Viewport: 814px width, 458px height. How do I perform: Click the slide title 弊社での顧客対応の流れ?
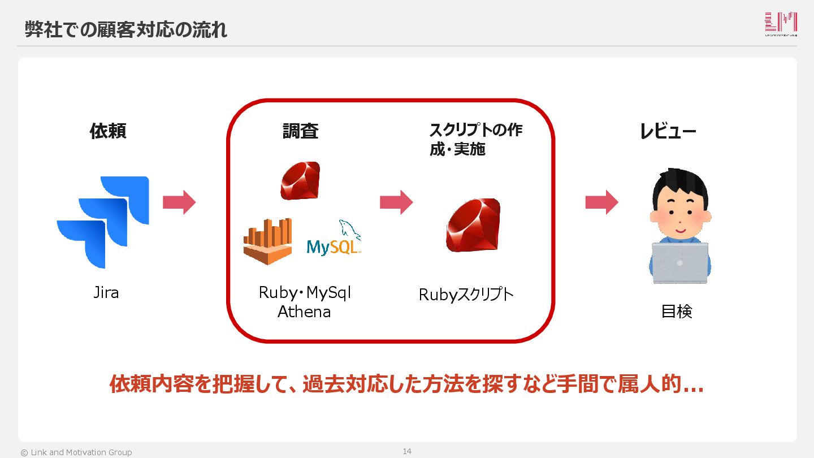click(126, 29)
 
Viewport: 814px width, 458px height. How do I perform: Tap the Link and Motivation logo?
click(781, 24)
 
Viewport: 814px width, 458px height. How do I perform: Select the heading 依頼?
click(108, 131)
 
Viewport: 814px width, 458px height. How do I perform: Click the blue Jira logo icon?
click(103, 221)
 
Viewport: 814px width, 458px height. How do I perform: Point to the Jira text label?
click(106, 293)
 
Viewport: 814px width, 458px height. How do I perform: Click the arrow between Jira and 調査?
click(179, 202)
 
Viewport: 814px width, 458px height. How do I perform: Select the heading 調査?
click(301, 131)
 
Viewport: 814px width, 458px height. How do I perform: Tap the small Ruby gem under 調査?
click(300, 180)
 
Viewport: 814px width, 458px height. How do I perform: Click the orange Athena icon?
click(268, 241)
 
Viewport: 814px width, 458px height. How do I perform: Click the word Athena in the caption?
click(304, 312)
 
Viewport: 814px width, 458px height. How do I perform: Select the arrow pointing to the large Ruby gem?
click(396, 202)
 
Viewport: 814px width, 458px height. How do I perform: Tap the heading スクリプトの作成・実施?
click(475, 140)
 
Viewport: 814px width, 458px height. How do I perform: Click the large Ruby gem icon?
click(474, 225)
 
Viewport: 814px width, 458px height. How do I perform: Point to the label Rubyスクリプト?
click(466, 295)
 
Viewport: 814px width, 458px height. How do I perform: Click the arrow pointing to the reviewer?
click(601, 202)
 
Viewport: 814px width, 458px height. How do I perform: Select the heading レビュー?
click(668, 131)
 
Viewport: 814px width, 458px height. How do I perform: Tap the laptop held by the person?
click(680, 263)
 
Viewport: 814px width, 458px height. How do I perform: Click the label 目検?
click(677, 312)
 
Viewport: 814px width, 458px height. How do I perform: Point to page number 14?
click(407, 451)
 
